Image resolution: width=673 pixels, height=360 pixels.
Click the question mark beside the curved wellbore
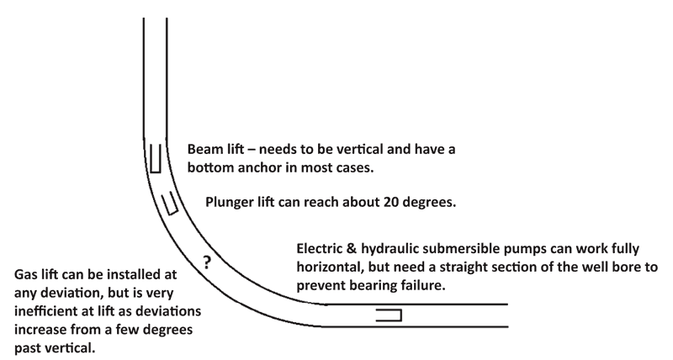(x=208, y=262)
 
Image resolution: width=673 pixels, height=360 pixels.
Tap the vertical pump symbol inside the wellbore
(x=156, y=157)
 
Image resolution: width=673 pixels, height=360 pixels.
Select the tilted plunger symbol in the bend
(x=170, y=202)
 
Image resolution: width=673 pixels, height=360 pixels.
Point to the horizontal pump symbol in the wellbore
(x=389, y=316)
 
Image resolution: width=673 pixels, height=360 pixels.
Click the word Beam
(x=206, y=147)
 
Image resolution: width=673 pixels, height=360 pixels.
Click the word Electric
(x=323, y=250)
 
